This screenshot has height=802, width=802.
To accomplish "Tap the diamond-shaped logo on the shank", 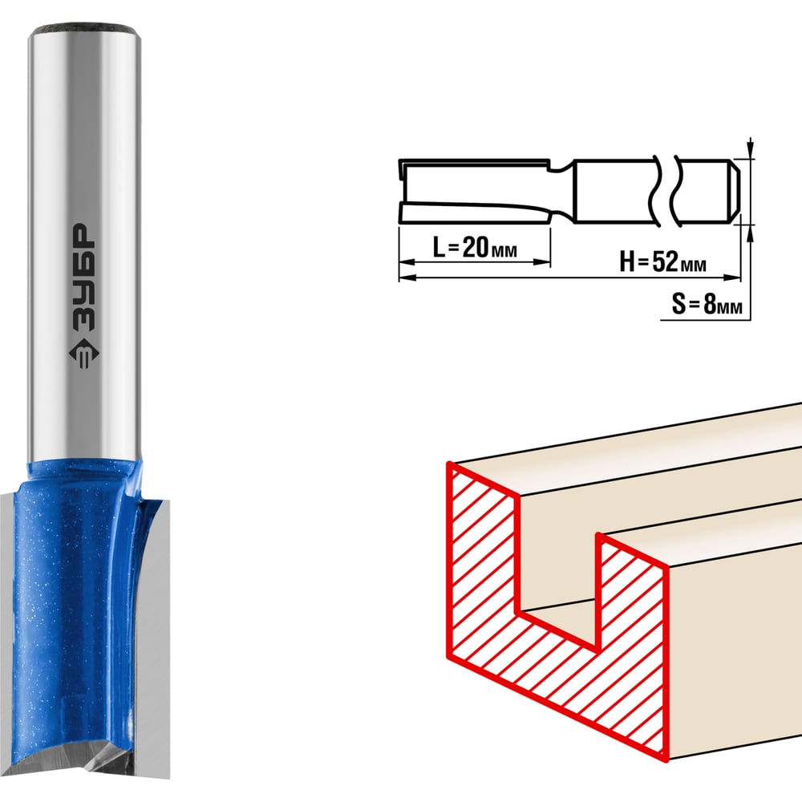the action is click(83, 354).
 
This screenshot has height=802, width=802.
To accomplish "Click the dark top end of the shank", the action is click(84, 28).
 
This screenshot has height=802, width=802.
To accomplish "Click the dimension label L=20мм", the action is click(474, 248).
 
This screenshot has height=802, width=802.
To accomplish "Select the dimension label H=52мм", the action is click(662, 262).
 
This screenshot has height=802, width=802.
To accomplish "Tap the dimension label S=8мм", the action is click(707, 304).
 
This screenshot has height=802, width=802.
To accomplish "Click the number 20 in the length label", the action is click(475, 248).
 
